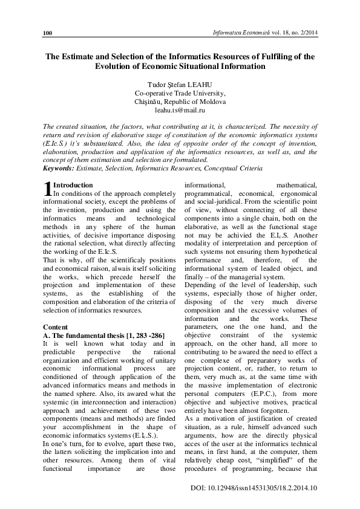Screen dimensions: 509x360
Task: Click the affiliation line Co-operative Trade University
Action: pyautogui.click(x=180, y=93)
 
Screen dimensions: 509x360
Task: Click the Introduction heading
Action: pyautogui.click(x=73, y=185)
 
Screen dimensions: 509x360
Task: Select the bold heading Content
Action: pyautogui.click(x=55, y=326)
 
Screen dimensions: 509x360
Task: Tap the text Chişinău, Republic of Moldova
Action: pyautogui.click(x=180, y=102)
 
